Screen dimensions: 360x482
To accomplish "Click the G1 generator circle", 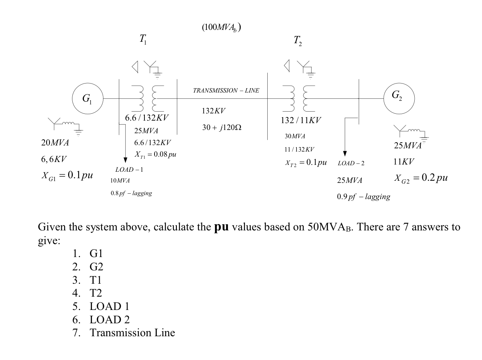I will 88,98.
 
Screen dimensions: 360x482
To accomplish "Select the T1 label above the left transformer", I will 143,39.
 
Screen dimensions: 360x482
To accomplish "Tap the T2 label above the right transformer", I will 298,41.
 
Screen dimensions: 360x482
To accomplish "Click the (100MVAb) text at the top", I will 221,28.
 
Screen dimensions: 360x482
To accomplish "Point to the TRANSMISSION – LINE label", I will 226,91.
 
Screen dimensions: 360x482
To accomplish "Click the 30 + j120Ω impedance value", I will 222,127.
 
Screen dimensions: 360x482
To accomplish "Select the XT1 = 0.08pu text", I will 155,154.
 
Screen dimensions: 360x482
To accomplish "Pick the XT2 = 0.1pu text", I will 306,163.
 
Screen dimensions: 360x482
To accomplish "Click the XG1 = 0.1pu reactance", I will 67,176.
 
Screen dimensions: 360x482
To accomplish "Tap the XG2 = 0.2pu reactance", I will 421,177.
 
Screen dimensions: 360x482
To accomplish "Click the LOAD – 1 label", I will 129,170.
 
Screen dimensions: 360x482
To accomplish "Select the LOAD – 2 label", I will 351,163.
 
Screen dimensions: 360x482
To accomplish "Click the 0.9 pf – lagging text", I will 363,197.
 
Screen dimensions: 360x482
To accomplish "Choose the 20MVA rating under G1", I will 55,143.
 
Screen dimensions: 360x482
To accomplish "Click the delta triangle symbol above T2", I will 287,66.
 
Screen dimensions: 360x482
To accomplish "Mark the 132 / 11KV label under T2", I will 300,120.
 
